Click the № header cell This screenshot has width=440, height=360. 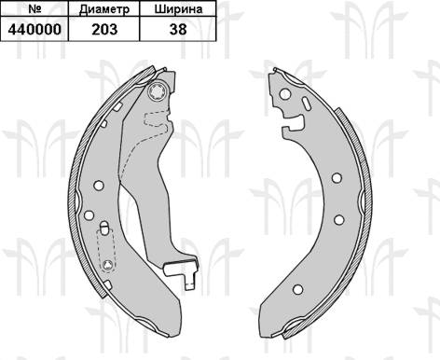tap(34, 8)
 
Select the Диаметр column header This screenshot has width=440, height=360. tap(104, 8)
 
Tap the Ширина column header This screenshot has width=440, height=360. tap(178, 8)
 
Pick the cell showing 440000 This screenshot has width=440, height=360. tap(34, 29)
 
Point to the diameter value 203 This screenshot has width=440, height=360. tap(104, 29)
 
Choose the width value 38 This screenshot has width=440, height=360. tap(178, 29)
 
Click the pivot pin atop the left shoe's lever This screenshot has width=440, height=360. tap(158, 92)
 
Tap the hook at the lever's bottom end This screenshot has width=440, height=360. tap(182, 273)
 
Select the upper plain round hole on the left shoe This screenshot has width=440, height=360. tap(99, 186)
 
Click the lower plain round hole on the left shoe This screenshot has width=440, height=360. tap(89, 215)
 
